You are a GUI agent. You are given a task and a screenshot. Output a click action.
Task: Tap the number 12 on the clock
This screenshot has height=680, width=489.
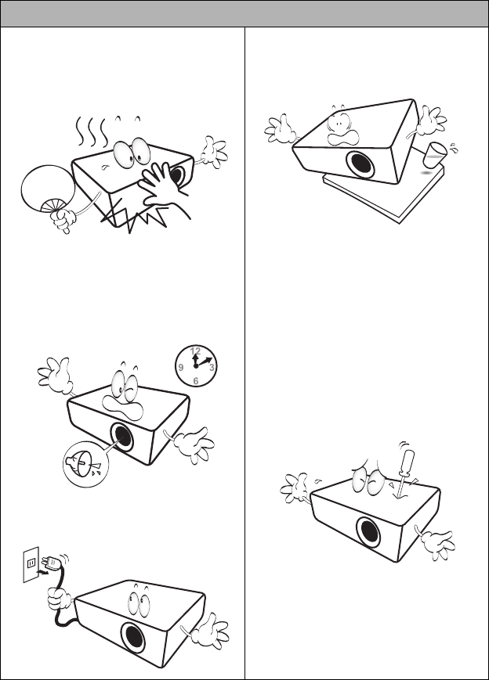pos(196,351)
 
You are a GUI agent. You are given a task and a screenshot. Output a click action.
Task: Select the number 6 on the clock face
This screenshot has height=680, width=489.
pos(195,381)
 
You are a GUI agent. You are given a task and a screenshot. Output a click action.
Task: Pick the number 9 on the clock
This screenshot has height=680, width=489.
pos(181,367)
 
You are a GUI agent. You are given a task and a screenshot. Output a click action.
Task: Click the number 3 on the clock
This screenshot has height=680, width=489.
pos(212,367)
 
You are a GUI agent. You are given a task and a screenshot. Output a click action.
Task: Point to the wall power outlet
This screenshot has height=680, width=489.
pos(31,564)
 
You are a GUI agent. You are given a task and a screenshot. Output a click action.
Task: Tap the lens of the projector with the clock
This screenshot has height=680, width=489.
pos(121,437)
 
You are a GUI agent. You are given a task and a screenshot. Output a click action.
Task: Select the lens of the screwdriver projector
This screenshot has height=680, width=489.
pos(368,533)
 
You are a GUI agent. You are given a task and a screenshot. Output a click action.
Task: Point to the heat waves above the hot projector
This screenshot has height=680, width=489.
pos(92,129)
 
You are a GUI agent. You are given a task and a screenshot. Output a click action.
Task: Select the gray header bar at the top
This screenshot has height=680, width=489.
pos(244,13)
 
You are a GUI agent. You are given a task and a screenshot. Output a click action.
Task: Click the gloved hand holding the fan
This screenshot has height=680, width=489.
pos(63,219)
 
